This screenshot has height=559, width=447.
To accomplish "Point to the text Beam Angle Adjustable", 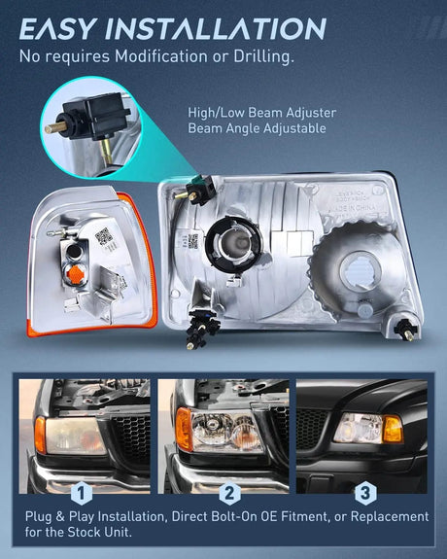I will [x=256, y=128].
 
